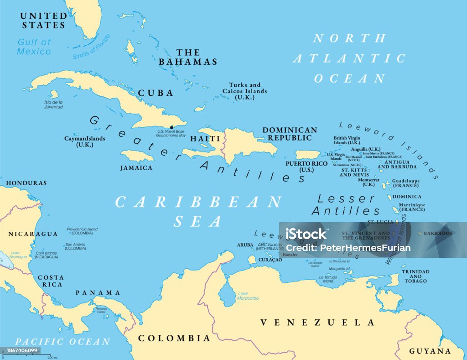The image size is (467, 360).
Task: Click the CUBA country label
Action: coord(156,93)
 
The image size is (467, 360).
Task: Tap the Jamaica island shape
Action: coord(137,157)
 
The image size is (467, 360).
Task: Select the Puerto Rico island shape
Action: coord(309,155)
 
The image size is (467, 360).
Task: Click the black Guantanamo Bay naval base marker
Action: coord(171,127)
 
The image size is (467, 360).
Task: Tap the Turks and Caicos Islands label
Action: coord(245,91)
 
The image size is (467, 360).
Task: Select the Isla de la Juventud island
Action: coord(54,94)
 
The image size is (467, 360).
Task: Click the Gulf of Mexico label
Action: coord(34,47)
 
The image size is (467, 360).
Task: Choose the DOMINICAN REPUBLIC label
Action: coord(289,134)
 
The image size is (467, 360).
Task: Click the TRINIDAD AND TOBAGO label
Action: coord(415,277)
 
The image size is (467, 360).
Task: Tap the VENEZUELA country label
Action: coord(317,323)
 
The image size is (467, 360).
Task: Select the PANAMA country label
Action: coord(98,292)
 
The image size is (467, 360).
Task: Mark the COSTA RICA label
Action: coord(50,281)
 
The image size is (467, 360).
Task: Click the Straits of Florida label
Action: coord(91,47)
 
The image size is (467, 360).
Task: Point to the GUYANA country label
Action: coord(430,351)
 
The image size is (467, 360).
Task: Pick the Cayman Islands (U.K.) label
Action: coord(85,141)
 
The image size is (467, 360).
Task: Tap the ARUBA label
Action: coord(245,245)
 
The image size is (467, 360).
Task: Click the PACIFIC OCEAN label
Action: coord(62,341)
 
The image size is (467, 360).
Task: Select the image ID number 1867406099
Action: coord(21,350)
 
